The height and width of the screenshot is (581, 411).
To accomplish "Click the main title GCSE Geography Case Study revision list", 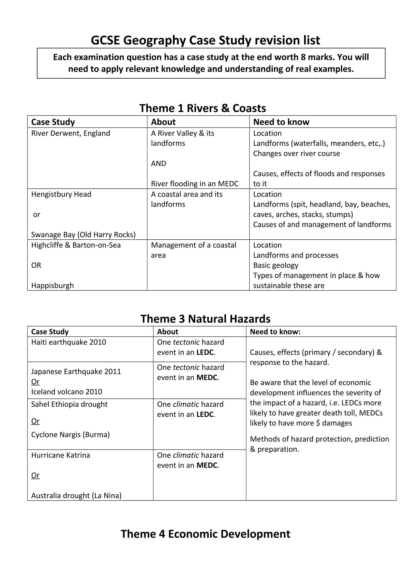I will [x=205, y=40].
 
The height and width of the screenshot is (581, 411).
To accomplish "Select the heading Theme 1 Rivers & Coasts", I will [x=202, y=108].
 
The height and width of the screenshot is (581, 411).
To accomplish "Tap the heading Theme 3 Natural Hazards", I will [x=205, y=319].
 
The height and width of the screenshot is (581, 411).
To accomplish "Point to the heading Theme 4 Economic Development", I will [x=205, y=534].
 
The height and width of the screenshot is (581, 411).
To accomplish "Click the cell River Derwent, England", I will [x=71, y=133].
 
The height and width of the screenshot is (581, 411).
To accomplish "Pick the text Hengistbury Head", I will [x=61, y=194].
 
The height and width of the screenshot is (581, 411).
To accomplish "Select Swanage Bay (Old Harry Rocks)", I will [x=83, y=235].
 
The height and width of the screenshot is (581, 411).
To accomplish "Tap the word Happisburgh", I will [x=52, y=286].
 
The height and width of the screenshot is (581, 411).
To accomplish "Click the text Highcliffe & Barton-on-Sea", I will [x=76, y=245].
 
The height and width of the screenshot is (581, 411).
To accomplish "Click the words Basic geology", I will [x=276, y=265].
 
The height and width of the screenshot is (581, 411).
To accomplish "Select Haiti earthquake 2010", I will [x=69, y=342].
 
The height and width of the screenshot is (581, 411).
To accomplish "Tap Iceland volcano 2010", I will [x=67, y=392].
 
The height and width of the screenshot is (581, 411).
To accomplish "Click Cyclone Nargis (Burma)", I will [x=70, y=435].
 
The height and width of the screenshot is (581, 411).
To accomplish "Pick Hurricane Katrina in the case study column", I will [x=61, y=455].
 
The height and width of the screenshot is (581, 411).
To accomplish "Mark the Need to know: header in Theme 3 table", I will [x=275, y=332].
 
